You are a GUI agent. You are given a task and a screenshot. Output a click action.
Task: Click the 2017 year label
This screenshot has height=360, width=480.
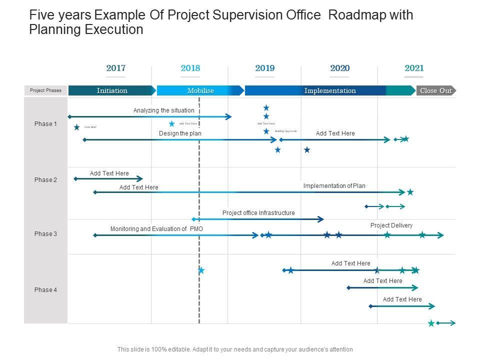coord(115,68)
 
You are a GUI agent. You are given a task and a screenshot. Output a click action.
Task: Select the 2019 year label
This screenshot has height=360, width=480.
coord(265,68)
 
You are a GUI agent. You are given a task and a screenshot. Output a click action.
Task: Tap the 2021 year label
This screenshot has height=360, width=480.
coord(414,68)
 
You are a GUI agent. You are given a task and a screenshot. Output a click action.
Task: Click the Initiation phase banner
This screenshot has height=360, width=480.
coord(112,90)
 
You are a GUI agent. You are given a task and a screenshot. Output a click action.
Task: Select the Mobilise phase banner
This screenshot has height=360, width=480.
coord(200,90)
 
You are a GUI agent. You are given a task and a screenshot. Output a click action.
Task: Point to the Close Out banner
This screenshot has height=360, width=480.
coord(436,90)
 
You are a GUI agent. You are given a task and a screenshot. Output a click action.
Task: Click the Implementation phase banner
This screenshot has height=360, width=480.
coord(330,90)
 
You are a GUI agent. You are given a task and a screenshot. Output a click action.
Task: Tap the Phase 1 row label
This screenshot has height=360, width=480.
coord(45,124)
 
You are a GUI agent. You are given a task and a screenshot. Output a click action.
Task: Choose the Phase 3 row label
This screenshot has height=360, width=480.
coord(45,234)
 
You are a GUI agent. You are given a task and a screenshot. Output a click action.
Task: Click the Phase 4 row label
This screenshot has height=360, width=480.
coord(45,290)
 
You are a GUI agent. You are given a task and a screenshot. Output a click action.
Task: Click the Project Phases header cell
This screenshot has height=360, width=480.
coord(45,90)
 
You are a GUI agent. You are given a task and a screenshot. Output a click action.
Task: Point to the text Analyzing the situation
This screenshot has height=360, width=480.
coord(163,110)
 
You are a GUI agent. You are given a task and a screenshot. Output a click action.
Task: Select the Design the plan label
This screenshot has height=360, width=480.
coord(180,133)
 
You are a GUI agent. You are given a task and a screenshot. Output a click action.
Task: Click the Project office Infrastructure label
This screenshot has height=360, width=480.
coord(258,213)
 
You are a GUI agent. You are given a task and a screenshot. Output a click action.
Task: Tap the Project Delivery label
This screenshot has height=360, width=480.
coord(391,225)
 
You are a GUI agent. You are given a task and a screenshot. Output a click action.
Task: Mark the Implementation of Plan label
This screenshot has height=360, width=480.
coord(334,186)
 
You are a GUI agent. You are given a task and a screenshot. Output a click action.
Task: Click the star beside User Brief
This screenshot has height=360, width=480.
coord(76,127)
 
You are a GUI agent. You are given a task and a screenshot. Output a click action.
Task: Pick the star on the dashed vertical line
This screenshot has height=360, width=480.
coord(201,270)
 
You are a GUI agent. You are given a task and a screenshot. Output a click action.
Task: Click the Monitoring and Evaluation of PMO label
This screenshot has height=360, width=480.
coord(156,229)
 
